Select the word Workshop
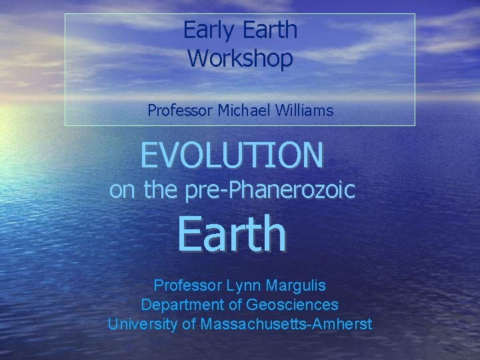click(240, 58)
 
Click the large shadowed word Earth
click(231, 234)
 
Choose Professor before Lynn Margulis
click(188, 286)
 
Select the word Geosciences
click(293, 305)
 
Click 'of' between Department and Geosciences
click(233, 305)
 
